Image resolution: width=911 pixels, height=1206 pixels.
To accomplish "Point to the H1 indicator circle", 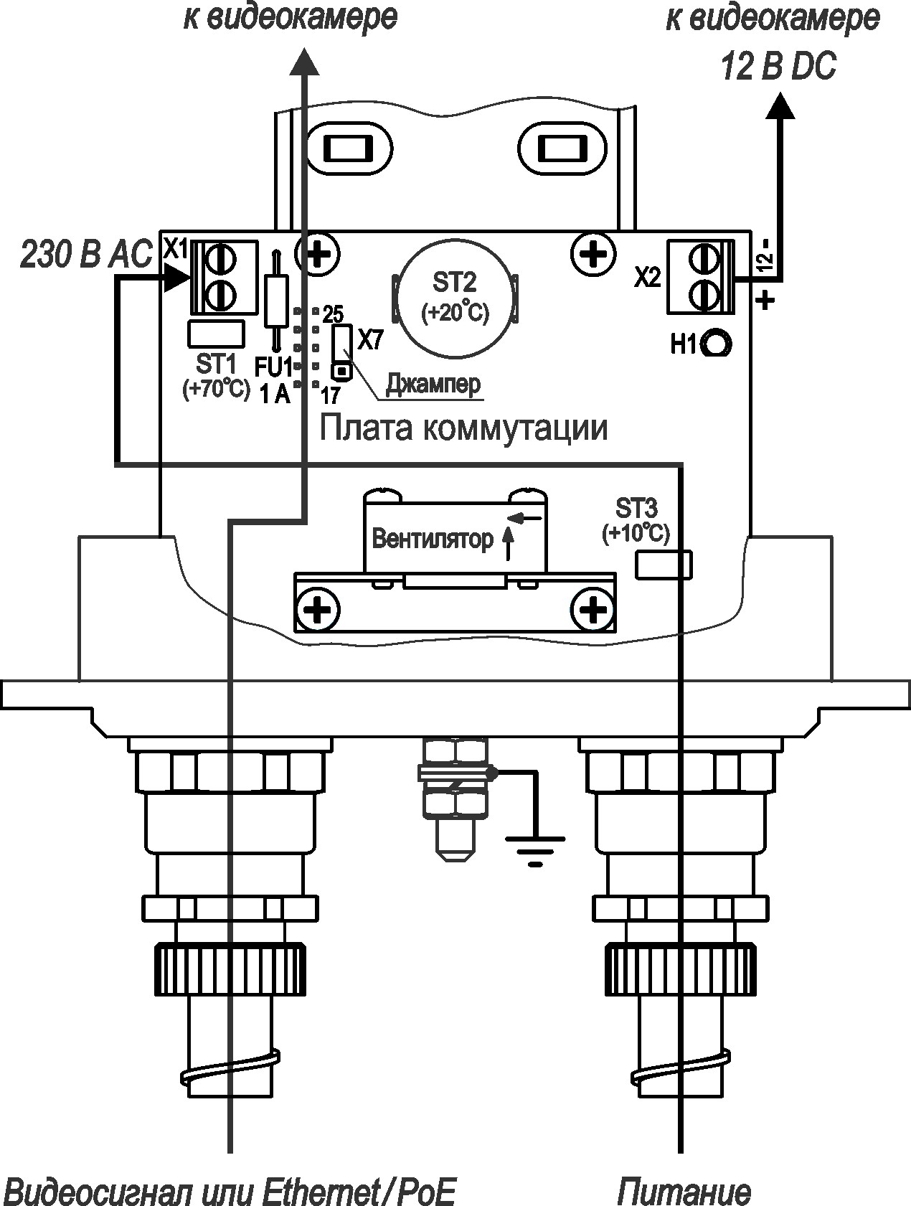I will [717, 344].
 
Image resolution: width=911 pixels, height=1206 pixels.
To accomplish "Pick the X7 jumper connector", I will [342, 352].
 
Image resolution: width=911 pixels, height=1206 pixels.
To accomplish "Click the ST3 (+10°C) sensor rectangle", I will [664, 564].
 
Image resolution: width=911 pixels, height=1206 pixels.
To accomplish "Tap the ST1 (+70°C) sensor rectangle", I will [216, 334].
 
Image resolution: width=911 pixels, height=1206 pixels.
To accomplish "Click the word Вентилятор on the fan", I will [433, 539].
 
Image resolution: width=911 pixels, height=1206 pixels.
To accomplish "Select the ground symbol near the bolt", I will [534, 847].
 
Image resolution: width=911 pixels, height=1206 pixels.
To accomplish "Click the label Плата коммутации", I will [463, 428].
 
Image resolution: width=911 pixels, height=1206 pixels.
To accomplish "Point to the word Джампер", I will [433, 385].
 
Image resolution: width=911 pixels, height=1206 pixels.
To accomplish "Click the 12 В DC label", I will [778, 68].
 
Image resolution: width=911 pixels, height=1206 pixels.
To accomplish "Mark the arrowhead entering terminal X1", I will [177, 277].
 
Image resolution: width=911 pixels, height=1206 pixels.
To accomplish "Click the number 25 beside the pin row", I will [333, 314].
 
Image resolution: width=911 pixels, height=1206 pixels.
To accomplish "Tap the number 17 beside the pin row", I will [331, 395].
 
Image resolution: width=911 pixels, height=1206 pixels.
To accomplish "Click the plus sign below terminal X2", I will [766, 299].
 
